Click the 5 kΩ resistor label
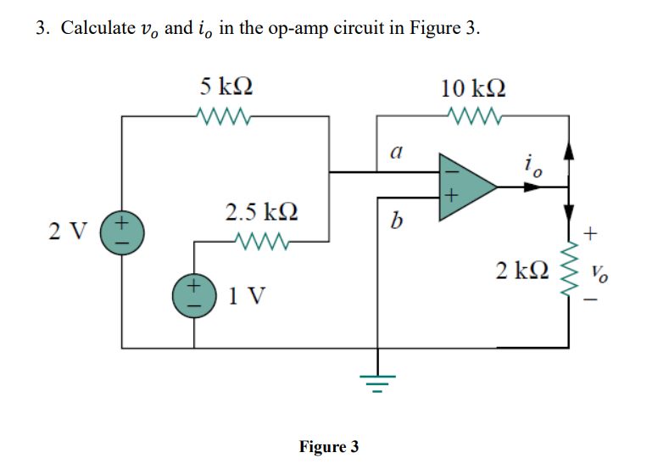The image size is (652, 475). click(226, 87)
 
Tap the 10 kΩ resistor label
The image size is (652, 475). click(475, 87)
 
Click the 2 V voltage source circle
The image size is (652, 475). click(122, 232)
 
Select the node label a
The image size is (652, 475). click(393, 153)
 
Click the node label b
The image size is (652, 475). click(393, 223)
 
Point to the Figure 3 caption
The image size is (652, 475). click(329, 446)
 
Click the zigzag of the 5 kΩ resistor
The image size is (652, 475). click(222, 115)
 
